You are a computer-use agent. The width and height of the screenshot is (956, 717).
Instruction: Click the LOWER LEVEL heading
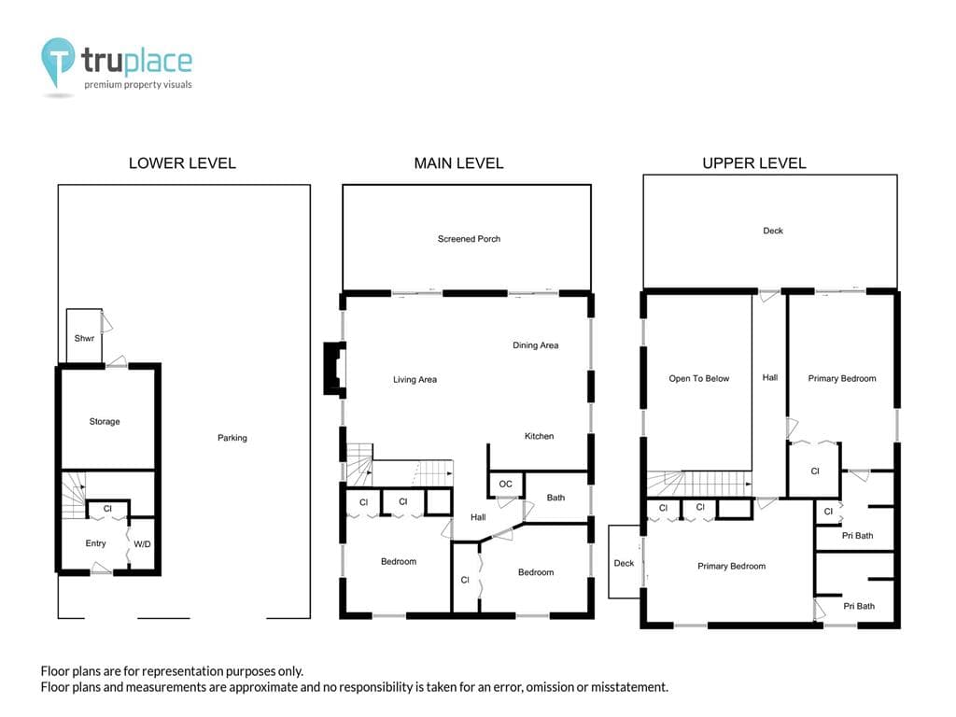click(182, 163)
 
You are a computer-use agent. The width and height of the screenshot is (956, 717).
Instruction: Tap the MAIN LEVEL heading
click(458, 163)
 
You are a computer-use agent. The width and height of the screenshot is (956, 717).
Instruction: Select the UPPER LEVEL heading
click(754, 163)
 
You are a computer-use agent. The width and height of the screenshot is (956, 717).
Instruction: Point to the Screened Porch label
click(469, 239)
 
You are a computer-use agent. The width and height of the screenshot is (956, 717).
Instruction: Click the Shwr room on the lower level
click(84, 336)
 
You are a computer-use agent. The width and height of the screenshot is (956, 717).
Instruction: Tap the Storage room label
click(105, 421)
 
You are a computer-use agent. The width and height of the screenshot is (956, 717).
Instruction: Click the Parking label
click(232, 438)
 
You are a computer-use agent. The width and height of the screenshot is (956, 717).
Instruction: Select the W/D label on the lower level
click(142, 544)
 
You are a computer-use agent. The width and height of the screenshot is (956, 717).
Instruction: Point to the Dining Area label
click(535, 345)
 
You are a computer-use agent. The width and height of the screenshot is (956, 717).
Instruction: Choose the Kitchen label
click(539, 436)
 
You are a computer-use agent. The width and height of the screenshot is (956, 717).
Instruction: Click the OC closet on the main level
click(505, 485)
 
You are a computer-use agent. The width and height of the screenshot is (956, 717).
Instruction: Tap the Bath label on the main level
click(555, 498)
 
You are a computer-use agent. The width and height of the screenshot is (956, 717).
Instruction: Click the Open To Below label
click(698, 379)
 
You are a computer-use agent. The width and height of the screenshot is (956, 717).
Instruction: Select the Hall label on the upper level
click(770, 377)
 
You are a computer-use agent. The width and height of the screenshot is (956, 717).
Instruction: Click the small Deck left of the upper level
click(625, 561)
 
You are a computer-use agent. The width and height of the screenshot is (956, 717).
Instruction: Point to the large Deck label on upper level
click(772, 231)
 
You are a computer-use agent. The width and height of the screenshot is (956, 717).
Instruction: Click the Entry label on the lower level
click(96, 543)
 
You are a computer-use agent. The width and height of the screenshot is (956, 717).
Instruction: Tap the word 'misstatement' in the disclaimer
click(629, 687)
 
